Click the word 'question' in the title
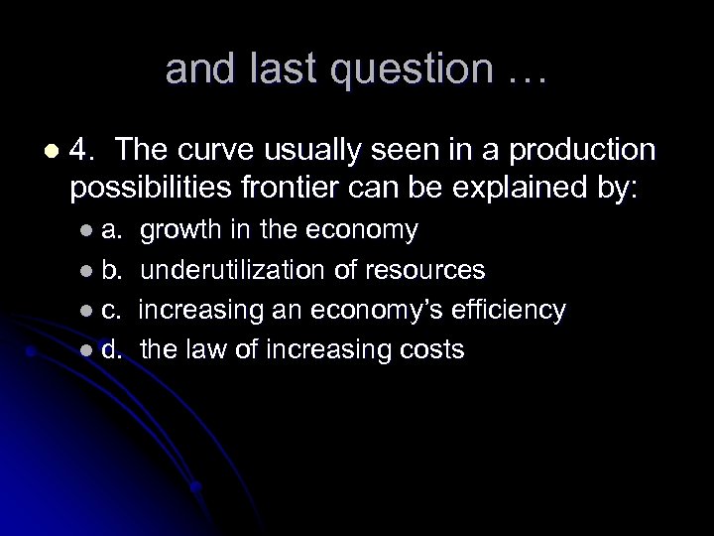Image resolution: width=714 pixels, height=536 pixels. pos(427,68)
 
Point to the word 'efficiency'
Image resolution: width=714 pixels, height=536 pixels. pos(509,310)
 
